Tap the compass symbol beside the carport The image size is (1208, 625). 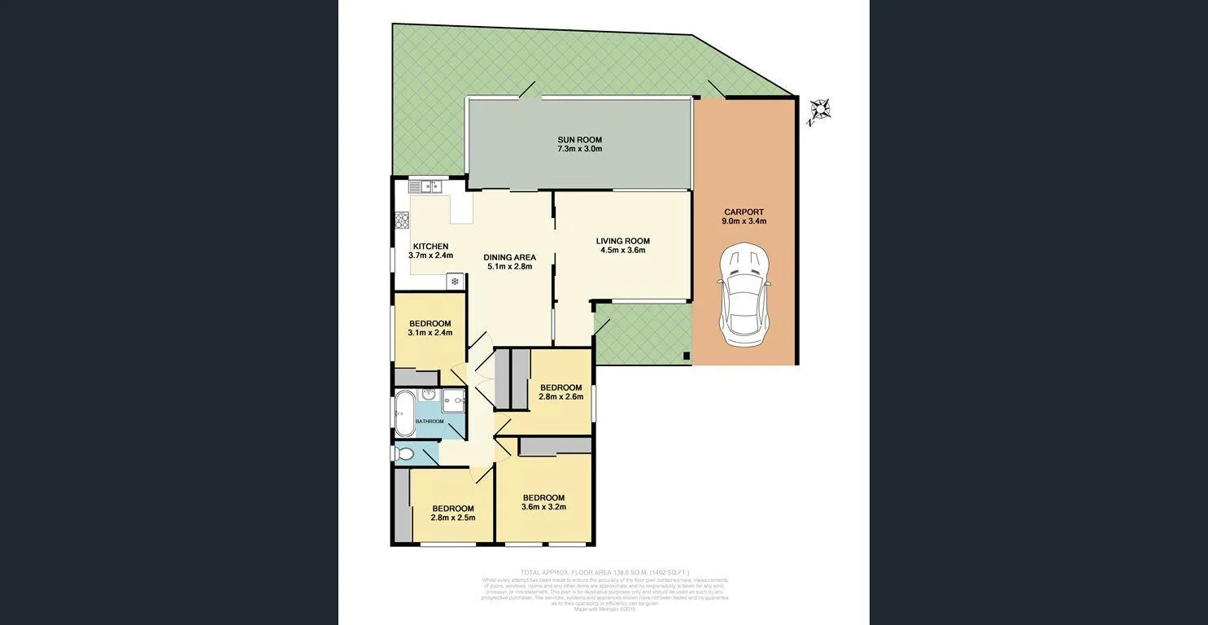(818, 111)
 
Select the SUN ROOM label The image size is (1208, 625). (579, 140)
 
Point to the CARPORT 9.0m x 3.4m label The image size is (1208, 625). (744, 216)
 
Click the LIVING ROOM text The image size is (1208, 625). (622, 241)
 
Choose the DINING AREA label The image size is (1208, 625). (509, 257)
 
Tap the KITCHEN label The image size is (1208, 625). (430, 247)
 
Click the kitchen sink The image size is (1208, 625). (425, 186)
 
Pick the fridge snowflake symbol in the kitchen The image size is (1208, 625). (455, 282)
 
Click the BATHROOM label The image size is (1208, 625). (430, 422)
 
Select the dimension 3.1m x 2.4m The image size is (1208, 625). (430, 332)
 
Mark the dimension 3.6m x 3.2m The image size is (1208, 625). (543, 507)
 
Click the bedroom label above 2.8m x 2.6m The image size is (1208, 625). (560, 387)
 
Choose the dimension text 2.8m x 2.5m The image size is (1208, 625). (452, 518)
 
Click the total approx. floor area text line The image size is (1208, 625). (604, 573)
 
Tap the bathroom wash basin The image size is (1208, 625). (429, 395)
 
